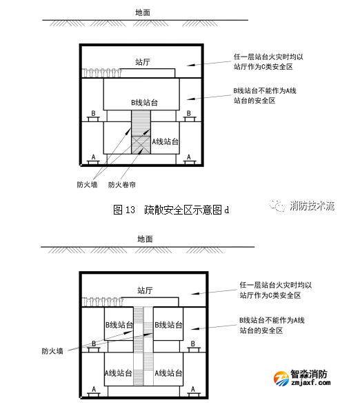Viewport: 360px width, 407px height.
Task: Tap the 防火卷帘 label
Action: (x=122, y=184)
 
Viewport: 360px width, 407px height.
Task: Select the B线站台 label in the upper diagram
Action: (x=144, y=102)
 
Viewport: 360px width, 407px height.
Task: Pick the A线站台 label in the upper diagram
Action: (x=166, y=141)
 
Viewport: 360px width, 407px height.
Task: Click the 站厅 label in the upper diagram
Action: (x=143, y=62)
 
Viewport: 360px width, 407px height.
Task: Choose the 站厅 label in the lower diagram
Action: (x=143, y=290)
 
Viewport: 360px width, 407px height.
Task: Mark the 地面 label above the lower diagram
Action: (x=143, y=239)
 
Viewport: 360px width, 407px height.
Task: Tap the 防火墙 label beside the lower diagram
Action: (x=52, y=350)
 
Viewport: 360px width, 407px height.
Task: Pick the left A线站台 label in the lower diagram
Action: (x=119, y=373)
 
